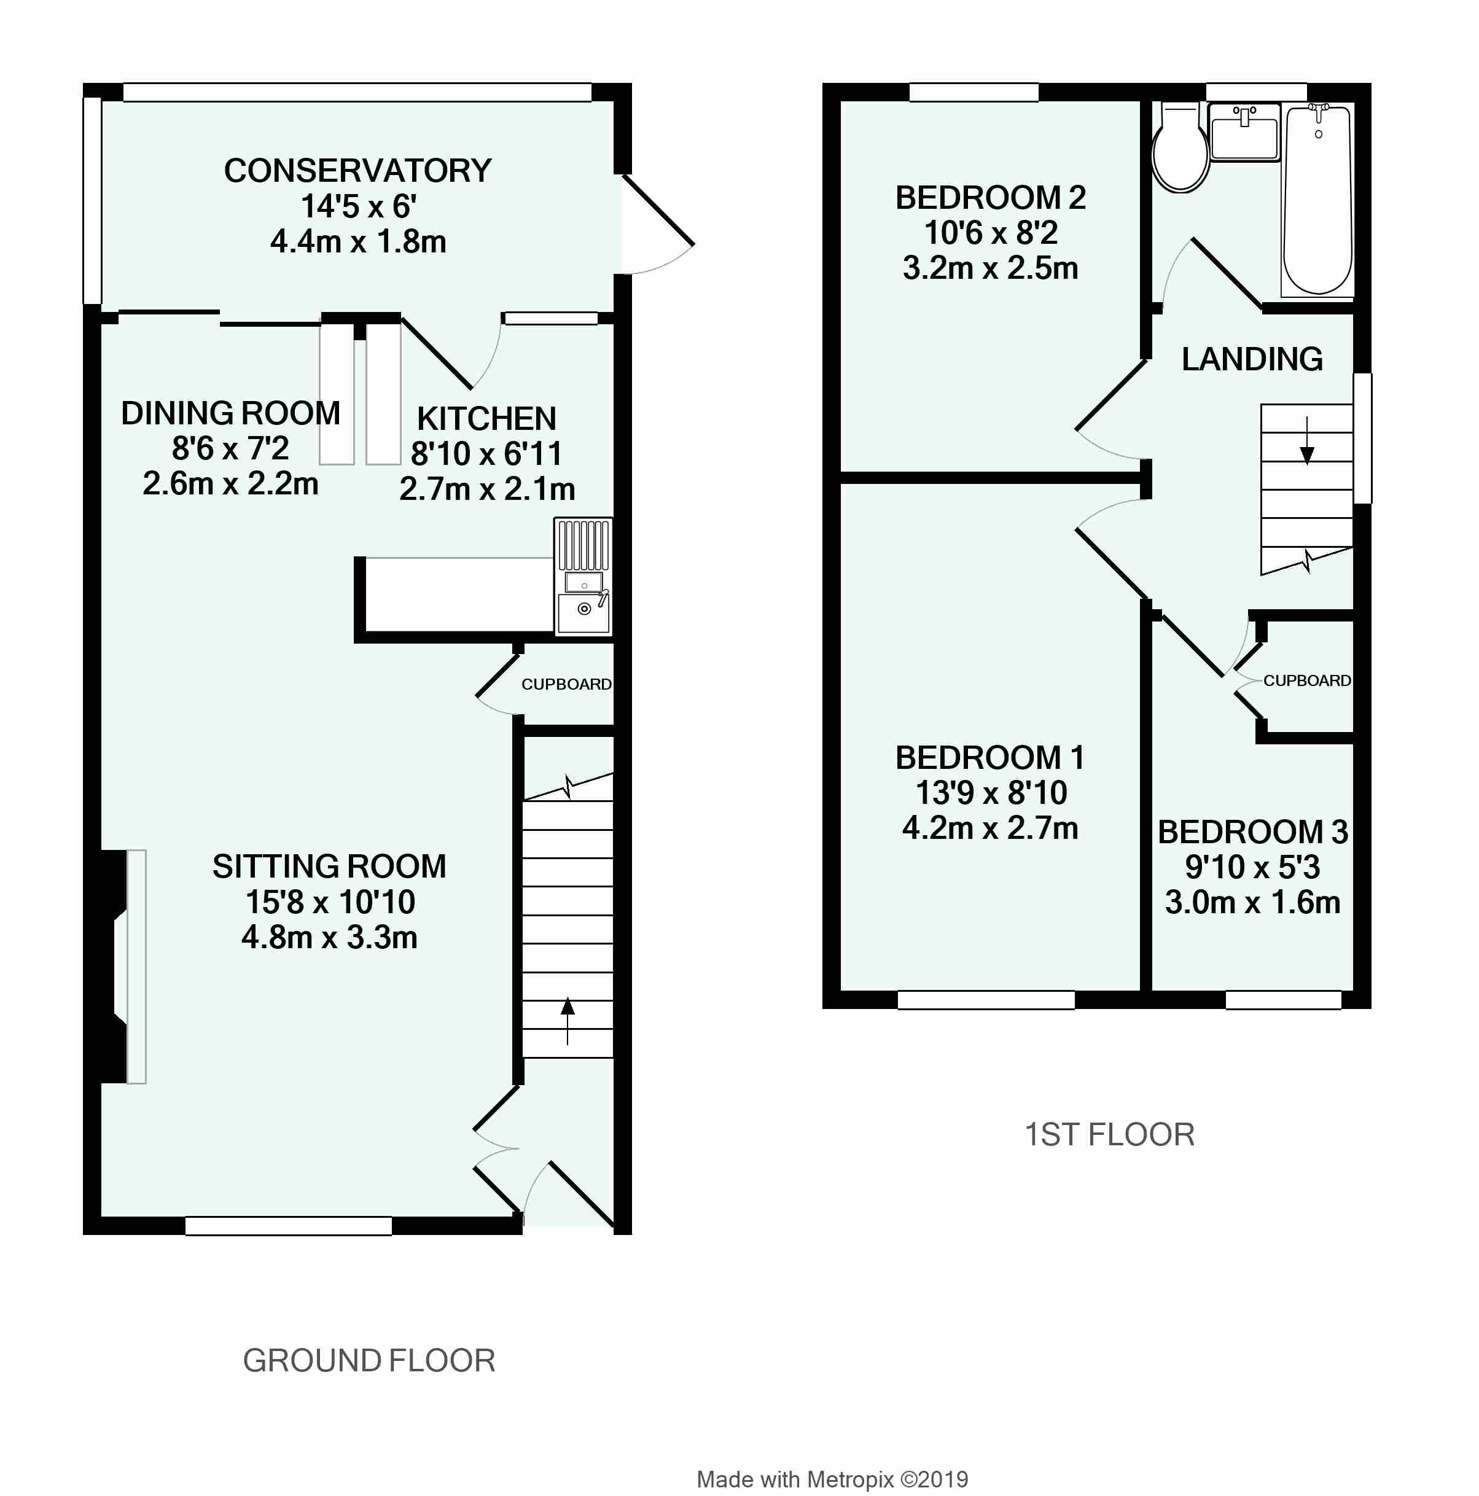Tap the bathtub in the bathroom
tap(1318, 201)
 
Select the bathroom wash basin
tap(1244, 133)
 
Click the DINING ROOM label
tap(231, 413)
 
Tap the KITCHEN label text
tap(486, 419)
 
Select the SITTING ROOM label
tap(330, 867)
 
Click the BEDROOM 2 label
tap(990, 198)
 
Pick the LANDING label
tap(1252, 359)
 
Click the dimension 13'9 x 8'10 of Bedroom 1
tap(991, 793)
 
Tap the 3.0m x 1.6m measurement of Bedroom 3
tap(1252, 903)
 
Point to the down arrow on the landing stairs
tap(1307, 440)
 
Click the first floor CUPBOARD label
tap(1307, 680)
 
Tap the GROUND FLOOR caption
tap(369, 1360)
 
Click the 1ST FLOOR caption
tap(1110, 1135)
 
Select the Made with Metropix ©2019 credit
tap(832, 1480)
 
